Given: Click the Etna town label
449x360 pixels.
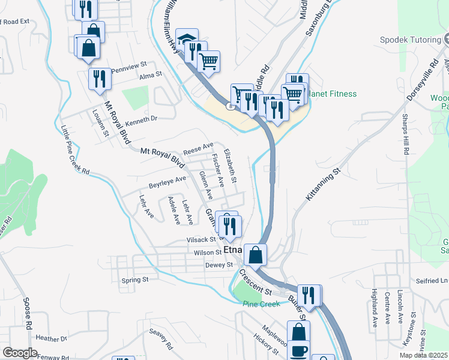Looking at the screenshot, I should [x=232, y=250].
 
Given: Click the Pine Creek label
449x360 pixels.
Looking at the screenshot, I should [x=262, y=304].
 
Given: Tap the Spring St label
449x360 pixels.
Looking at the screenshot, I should [x=134, y=280].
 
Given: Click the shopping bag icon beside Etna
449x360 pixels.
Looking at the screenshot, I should [x=255, y=254].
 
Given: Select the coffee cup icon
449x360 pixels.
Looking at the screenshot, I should [x=299, y=351].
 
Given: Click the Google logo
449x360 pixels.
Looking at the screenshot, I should [x=19, y=353].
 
